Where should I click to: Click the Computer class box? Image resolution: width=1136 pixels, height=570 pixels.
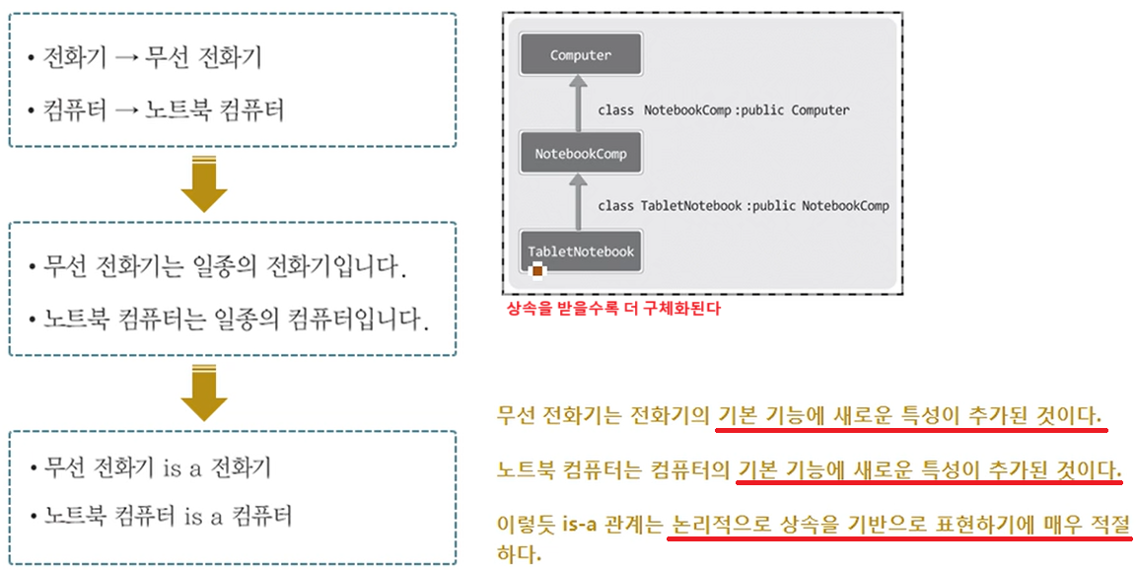pyautogui.click(x=581, y=55)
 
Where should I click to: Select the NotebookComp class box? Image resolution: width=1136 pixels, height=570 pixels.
pyautogui.click(x=581, y=154)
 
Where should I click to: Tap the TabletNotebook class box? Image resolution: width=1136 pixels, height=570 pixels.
pyautogui.click(x=581, y=251)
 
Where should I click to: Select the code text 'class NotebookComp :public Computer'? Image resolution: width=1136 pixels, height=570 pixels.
pyautogui.click(x=723, y=110)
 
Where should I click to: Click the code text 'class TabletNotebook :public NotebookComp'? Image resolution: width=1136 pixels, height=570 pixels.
pyautogui.click(x=743, y=206)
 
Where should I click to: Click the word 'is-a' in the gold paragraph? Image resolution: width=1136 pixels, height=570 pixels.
pyautogui.click(x=579, y=525)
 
